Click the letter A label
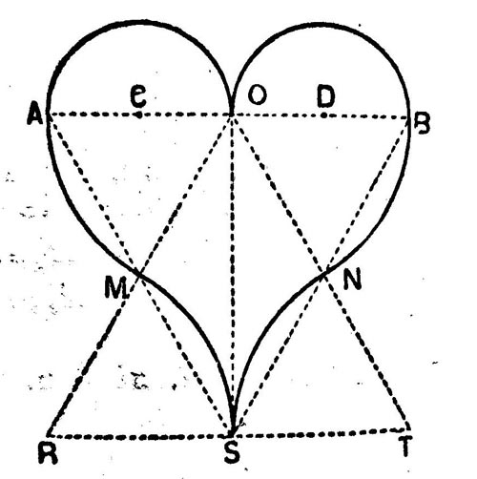[x=35, y=114]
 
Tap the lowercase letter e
[x=138, y=96]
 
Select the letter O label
[x=257, y=94]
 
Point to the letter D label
[x=326, y=95]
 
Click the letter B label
[x=422, y=124]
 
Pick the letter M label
[x=116, y=288]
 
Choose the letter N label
[x=352, y=279]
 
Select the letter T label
[x=404, y=447]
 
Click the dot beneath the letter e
[x=139, y=115]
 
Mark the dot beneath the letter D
[x=323, y=115]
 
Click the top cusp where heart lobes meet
[x=232, y=115]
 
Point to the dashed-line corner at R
[x=49, y=436]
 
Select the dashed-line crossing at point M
[x=138, y=273]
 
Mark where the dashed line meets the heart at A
[x=48, y=115]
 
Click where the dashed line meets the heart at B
[x=408, y=117]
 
